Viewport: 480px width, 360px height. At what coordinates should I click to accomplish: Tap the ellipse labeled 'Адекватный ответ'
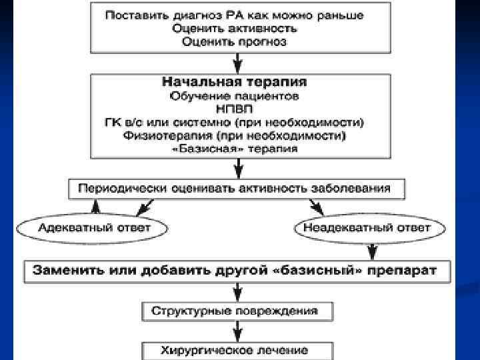(x=94, y=227)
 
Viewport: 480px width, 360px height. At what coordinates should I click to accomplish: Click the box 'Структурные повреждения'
(x=238, y=310)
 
